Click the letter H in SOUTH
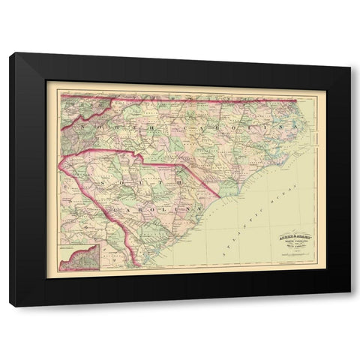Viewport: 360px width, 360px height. [180, 180]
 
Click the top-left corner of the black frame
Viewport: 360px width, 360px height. [11, 52]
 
